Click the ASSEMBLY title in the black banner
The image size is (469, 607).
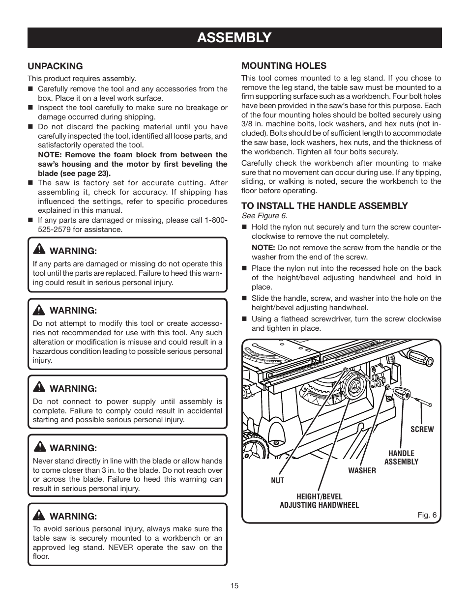coord(234,37)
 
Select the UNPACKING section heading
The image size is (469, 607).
coord(55,66)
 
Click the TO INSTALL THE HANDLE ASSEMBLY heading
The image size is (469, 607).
coord(324,205)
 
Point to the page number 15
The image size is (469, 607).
coord(234,586)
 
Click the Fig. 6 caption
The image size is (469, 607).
coord(427,515)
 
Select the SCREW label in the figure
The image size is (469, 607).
coord(422,429)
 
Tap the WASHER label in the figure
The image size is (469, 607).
coord(362,470)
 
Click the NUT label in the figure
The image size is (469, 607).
coord(277,480)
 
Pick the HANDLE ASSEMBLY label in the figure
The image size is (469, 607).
coord(401,458)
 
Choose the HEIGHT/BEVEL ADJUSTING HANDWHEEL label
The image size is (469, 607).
coord(319,501)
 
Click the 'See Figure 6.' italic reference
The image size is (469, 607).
coord(264,216)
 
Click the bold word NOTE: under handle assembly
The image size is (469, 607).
coord(263,248)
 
